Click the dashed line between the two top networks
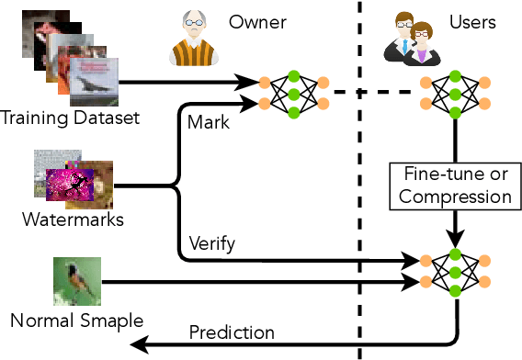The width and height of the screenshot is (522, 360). click(x=373, y=92)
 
